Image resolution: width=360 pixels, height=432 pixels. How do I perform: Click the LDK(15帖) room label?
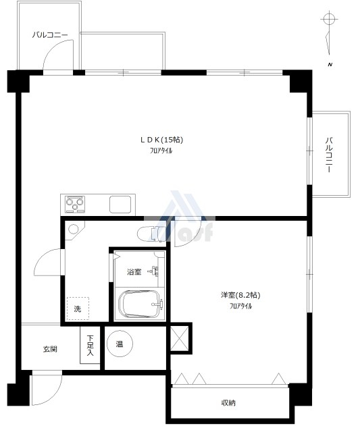point(162,140)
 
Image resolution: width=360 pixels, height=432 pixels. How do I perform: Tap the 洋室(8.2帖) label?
point(240,295)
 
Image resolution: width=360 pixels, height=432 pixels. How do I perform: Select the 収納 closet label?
point(228,403)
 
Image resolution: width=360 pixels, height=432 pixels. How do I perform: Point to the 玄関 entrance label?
point(50,349)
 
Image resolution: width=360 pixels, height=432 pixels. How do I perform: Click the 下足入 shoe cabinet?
point(90,345)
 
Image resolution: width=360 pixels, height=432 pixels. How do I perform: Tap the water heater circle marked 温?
point(120,344)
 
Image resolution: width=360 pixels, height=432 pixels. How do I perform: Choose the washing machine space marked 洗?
point(78,308)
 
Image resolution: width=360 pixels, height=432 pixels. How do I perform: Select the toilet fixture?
point(151,234)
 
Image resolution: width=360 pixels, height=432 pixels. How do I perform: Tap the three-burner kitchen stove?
point(75,205)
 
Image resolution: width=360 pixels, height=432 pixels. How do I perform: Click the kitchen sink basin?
point(120,205)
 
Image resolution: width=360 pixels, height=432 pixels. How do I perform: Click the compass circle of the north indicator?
point(329,20)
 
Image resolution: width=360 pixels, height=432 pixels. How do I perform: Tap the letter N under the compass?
point(330,65)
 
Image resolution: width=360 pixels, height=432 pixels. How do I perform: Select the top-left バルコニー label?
point(50,35)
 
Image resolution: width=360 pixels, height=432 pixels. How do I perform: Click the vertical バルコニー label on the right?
point(328,155)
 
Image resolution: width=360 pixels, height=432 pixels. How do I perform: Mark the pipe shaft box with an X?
point(180,339)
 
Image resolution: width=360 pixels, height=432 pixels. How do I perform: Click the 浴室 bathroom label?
point(134,271)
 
